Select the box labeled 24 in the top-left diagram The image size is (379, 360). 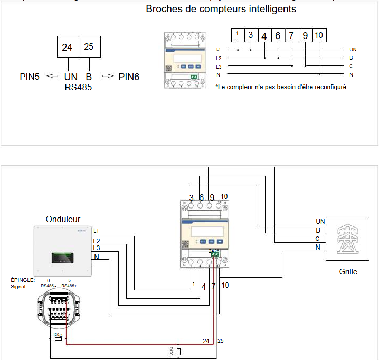point(68,47)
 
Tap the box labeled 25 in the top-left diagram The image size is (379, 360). point(89,47)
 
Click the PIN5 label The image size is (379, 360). point(30,77)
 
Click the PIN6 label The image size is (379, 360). point(129,77)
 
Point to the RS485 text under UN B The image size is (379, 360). point(78,87)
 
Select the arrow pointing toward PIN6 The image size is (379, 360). point(108,77)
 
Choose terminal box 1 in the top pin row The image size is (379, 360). point(238,35)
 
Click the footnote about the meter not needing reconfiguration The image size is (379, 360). point(281,87)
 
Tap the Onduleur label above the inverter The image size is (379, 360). point(63,219)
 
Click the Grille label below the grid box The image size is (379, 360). point(348,272)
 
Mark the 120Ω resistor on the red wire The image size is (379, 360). point(58,339)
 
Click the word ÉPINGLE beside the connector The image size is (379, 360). point(22,279)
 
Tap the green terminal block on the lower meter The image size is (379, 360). point(215,254)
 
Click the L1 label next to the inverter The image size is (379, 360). point(96,231)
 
